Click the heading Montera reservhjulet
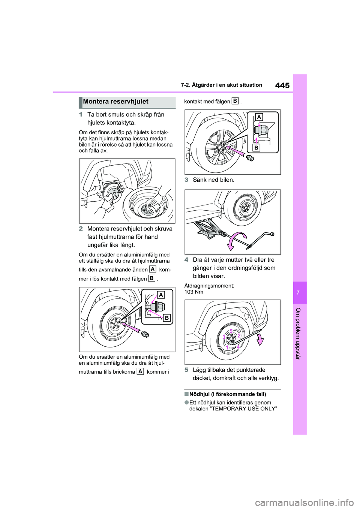(x=116, y=102)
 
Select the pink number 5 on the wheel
(x=231, y=331)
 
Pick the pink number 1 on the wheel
(x=227, y=348)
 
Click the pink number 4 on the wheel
(x=238, y=347)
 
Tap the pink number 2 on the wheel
(x=239, y=335)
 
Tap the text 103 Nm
(x=194, y=292)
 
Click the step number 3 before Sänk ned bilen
(x=186, y=180)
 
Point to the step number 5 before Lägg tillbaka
(x=186, y=370)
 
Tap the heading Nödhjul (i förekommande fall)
(x=228, y=394)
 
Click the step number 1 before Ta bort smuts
(x=81, y=115)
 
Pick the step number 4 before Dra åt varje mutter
(x=186, y=260)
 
